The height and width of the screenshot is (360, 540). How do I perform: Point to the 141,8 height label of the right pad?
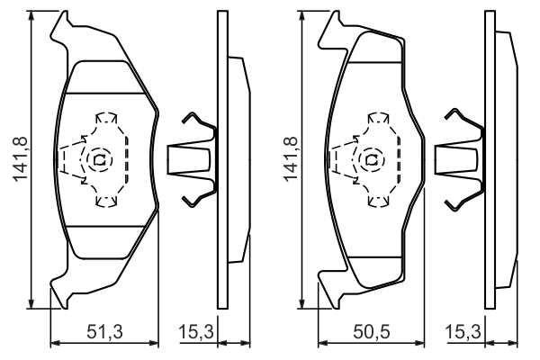pos(290,158)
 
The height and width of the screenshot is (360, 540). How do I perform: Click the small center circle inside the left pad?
pos(98,160)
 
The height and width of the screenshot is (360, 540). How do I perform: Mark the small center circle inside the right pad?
pos(370,160)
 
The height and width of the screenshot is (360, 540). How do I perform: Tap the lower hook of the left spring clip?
pos(197,196)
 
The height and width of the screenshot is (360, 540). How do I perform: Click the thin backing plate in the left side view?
pos(221,162)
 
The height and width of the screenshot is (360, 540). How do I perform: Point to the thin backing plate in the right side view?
pos(489,162)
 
